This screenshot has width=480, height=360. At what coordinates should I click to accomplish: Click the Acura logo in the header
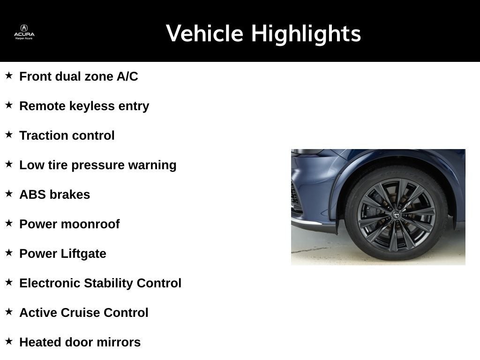24,31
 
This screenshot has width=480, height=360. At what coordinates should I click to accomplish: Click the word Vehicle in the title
204,34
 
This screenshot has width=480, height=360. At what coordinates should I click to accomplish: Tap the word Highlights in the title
306,34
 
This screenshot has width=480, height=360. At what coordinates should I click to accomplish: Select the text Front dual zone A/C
78,76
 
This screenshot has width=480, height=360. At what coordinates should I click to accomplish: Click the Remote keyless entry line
84,106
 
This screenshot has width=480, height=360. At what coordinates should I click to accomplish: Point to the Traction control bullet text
67,135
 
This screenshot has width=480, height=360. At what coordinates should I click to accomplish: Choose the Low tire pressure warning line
97,165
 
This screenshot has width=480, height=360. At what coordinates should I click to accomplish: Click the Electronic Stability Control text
100,283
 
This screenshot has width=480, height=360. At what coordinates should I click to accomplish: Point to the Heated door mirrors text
80,342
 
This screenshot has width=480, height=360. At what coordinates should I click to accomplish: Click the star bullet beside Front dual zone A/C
9,75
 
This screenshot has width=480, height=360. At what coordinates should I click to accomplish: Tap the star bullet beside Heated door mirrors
9,341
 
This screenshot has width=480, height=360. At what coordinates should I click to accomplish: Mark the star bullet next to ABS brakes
9,194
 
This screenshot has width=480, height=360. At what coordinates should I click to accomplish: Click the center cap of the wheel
396,215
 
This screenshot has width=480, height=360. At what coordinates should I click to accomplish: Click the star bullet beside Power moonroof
9,223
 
